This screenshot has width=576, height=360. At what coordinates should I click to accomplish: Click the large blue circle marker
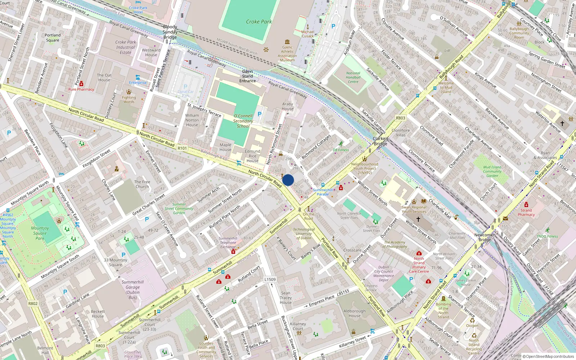[288, 180]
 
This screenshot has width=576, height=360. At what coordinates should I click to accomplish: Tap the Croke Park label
[259, 22]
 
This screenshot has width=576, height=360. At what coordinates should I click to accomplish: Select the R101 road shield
[182, 148]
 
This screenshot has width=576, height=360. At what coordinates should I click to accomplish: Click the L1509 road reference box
[270, 279]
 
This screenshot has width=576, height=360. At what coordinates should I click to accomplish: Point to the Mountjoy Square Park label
[40, 233]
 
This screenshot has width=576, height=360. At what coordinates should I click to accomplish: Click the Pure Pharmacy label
[81, 89]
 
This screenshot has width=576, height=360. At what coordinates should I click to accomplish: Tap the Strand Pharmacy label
[526, 212]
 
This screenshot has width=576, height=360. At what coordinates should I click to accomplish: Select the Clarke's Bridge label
[380, 141]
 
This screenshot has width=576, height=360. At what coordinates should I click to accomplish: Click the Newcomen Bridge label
[485, 237]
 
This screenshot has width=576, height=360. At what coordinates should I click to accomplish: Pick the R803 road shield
[100, 346]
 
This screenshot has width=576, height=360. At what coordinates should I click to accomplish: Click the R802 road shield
[33, 303]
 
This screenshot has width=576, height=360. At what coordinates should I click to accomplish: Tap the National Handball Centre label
[353, 77]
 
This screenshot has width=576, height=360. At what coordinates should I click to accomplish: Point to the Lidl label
[447, 51]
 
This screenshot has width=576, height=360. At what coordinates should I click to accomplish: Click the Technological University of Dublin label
[304, 234]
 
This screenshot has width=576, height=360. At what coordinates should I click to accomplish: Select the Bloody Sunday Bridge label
[170, 32]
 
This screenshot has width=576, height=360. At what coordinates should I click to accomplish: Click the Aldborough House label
[354, 313]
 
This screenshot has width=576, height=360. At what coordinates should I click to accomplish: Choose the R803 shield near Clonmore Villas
[400, 118]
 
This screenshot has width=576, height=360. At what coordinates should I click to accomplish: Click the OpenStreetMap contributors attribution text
[549, 356]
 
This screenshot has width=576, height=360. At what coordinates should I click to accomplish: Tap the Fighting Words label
[129, 99]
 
